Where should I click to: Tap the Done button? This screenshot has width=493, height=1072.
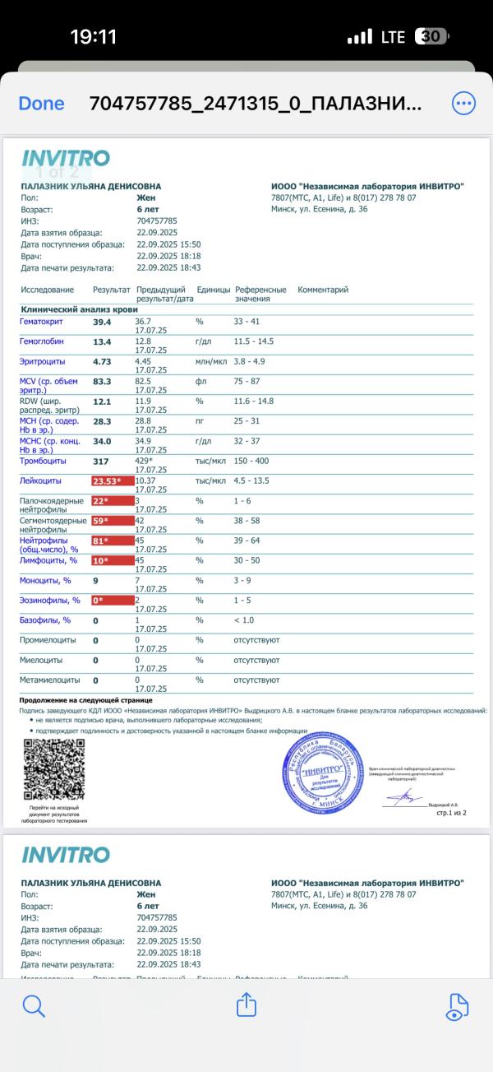point(41,104)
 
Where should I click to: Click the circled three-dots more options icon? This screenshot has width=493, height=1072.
point(463,104)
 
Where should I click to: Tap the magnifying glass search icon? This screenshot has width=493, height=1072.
point(33,1005)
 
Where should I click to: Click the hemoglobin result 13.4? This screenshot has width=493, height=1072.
point(102,341)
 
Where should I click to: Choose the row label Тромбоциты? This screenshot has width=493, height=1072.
point(43,462)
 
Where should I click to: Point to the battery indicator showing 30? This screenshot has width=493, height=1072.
point(432,37)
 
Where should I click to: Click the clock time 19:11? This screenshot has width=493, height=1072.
point(93,37)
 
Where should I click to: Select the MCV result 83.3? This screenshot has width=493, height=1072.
point(102,382)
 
